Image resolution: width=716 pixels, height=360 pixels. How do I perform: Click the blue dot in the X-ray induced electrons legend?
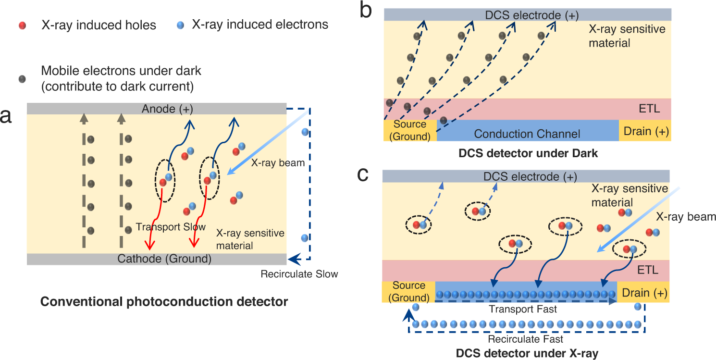[182, 25]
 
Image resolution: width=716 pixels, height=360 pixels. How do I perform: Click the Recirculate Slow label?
[299, 274]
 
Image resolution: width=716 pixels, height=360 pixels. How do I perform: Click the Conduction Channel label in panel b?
[527, 134]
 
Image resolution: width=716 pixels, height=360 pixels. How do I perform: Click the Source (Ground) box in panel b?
[410, 130]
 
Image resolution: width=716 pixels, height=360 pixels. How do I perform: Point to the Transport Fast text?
[523, 310]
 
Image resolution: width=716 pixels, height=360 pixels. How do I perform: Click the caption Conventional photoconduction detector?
[164, 302]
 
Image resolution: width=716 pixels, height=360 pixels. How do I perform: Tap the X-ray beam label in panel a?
[278, 163]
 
